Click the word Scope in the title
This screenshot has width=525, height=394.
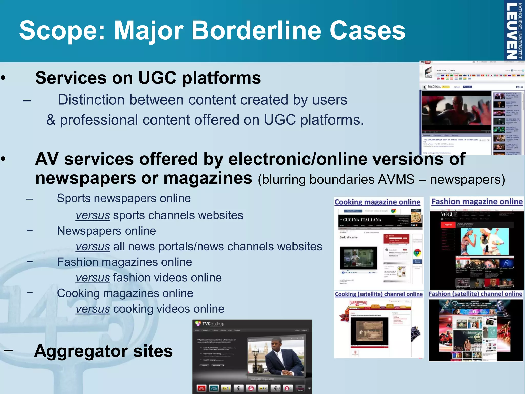[62, 31]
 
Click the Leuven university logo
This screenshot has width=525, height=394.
[514, 31]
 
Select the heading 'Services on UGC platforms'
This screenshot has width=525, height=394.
[148, 78]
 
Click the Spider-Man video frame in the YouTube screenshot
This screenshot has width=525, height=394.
[456, 110]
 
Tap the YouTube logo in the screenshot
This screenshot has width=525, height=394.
[425, 62]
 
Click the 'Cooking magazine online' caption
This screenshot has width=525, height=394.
[377, 202]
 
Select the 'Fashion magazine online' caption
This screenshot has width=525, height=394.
[477, 202]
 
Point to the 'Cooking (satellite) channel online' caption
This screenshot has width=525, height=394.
[379, 294]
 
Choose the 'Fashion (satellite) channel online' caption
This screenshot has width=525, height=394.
[476, 294]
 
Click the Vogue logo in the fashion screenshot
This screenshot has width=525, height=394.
[449, 214]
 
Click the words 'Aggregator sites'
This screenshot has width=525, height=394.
[103, 351]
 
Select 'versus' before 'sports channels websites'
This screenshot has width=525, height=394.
[93, 215]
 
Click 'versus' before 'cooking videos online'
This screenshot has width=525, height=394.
[93, 309]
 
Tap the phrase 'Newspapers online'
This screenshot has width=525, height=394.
[106, 231]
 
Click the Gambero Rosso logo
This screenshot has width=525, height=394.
[358, 303]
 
